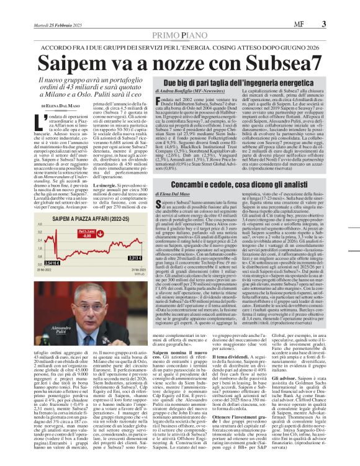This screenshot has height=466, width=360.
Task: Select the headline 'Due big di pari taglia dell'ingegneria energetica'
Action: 240,82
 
